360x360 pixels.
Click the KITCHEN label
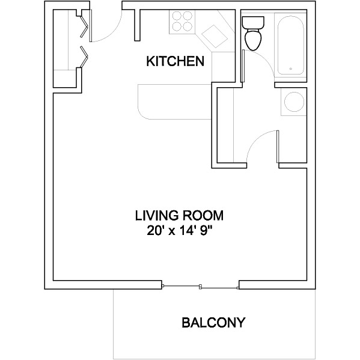tap(175, 61)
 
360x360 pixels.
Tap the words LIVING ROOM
tap(179, 216)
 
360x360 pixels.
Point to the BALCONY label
tap(213, 322)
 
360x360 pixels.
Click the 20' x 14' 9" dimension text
tap(179, 231)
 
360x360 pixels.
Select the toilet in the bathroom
tap(253, 33)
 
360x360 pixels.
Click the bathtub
tap(291, 46)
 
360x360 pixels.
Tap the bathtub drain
tap(291, 69)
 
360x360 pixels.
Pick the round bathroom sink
tap(294, 102)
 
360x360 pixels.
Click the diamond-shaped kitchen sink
tap(215, 36)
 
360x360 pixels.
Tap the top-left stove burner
tap(177, 16)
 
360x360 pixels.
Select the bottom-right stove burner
tap(188, 26)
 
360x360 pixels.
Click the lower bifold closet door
tap(84, 56)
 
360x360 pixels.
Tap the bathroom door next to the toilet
tap(243, 66)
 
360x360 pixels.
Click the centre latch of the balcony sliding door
tap(200, 287)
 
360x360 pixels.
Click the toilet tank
tap(253, 22)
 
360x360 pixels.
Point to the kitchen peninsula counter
tap(174, 102)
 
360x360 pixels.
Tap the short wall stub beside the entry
tap(137, 25)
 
